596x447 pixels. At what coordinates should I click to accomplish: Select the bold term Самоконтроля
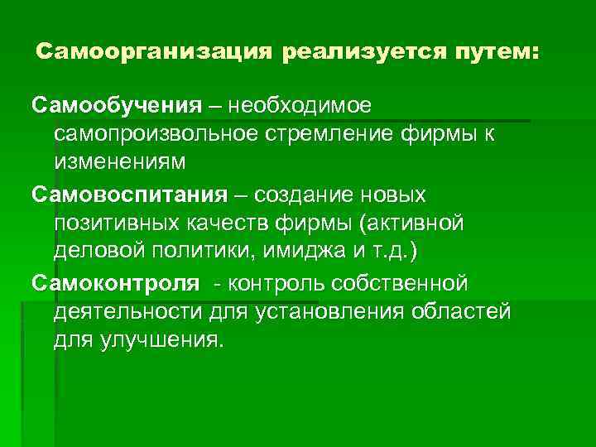[117, 284]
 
